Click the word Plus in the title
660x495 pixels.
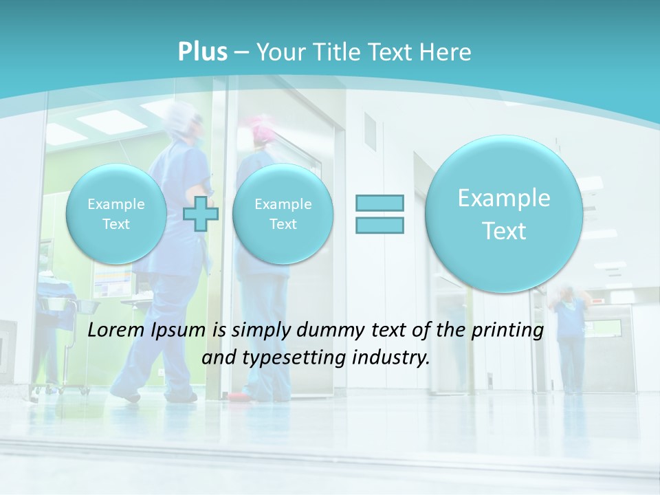pyautogui.click(x=202, y=52)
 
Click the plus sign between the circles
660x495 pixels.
pyautogui.click(x=201, y=214)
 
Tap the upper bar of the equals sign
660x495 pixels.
pyautogui.click(x=379, y=203)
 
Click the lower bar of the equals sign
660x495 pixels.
pyautogui.click(x=379, y=225)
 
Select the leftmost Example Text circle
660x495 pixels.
pyautogui.click(x=115, y=214)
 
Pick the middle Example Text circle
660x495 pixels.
pyautogui.click(x=283, y=214)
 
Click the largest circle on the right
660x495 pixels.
pyautogui.click(x=504, y=214)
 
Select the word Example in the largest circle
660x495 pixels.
pyautogui.click(x=504, y=198)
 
